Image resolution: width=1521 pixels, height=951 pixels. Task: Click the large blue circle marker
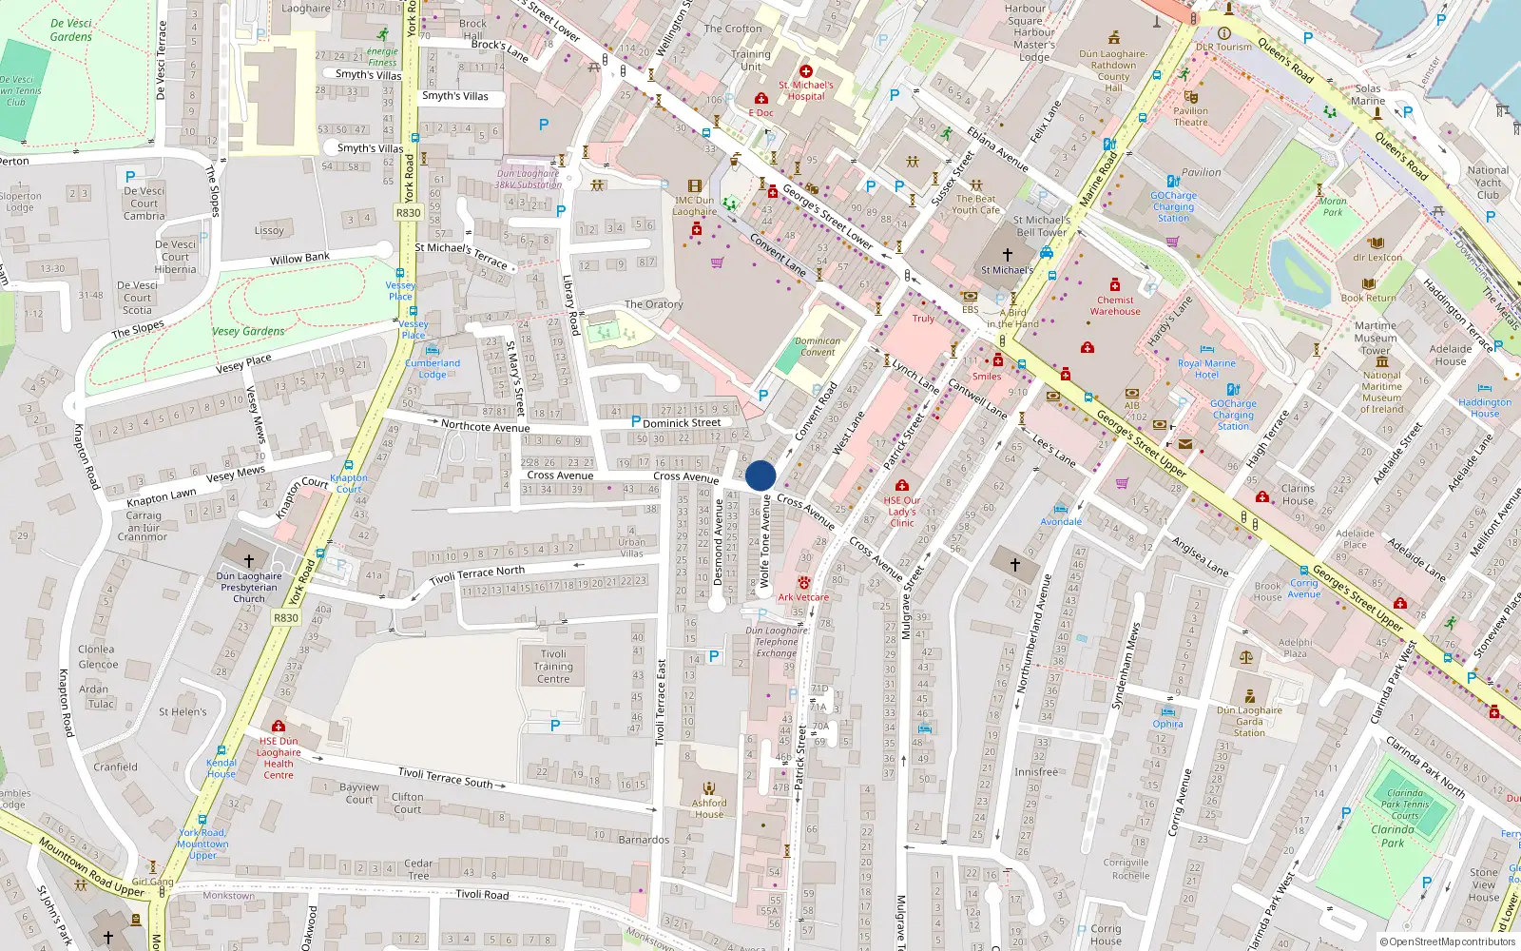[760, 475]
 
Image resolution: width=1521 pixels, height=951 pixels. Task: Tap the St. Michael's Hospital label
[806, 90]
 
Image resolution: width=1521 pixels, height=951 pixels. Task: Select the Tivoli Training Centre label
[553, 667]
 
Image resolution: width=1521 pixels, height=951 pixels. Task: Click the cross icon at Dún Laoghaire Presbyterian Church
[249, 561]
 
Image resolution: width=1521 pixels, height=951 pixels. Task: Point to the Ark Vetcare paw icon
[804, 582]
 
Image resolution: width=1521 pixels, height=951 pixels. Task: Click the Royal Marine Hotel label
[1206, 369]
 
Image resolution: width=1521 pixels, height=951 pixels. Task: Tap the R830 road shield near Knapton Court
[286, 618]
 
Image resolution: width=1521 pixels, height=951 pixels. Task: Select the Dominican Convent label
[818, 346]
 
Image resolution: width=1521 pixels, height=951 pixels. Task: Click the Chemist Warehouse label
[1115, 305]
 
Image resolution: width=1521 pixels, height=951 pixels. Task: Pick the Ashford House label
[709, 808]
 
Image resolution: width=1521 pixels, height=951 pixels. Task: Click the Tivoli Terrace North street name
[476, 575]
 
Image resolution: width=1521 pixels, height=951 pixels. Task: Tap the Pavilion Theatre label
[1190, 116]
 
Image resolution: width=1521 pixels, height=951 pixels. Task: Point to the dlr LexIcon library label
[1377, 258]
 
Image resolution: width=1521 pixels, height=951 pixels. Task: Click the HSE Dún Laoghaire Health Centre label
[279, 758]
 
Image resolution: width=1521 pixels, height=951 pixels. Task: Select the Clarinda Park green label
[1393, 836]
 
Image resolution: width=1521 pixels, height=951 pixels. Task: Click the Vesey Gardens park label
[248, 332]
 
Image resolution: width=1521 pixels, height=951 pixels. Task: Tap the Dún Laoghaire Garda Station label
[1249, 721]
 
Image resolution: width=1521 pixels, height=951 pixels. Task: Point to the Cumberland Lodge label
[433, 369]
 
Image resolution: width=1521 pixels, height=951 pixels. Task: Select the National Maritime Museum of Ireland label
[1381, 392]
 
